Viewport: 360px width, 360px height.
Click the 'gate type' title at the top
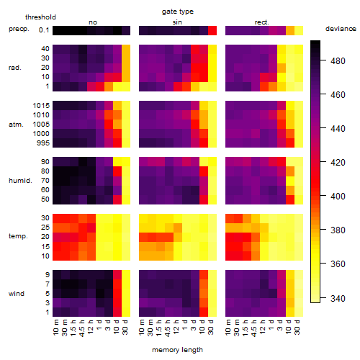click(178, 12)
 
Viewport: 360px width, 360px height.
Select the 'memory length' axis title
click(177, 350)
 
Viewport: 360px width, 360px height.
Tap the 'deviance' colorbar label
click(341, 29)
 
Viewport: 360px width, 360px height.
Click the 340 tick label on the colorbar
click(338, 298)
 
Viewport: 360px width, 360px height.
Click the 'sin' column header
click(177, 22)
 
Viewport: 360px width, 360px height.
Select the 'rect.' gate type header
click(261, 22)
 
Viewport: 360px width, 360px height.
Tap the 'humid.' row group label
click(20, 181)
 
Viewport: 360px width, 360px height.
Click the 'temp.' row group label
click(18, 236)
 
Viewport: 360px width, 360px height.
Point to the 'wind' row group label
click(17, 294)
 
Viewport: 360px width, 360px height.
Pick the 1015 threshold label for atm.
click(41, 106)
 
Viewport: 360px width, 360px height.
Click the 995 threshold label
click(43, 143)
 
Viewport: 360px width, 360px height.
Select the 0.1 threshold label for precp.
click(44, 30)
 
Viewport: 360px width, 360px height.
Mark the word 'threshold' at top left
click(40, 17)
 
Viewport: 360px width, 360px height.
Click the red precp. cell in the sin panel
click(212, 31)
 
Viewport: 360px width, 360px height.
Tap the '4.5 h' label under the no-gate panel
click(81, 328)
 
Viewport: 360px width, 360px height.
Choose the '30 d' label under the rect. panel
click(297, 328)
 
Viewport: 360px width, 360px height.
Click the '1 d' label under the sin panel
click(185, 325)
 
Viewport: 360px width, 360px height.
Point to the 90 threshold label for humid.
click(45, 162)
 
